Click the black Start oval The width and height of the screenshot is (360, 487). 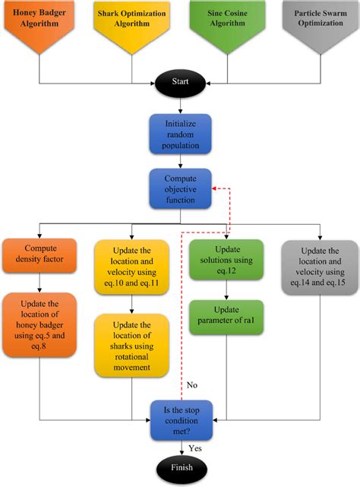[x=180, y=80]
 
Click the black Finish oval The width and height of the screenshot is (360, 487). [x=180, y=467]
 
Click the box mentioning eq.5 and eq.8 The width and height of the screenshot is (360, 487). [x=39, y=326]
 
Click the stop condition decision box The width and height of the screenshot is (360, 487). [x=180, y=419]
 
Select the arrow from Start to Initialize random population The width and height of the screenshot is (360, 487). [x=180, y=103]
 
